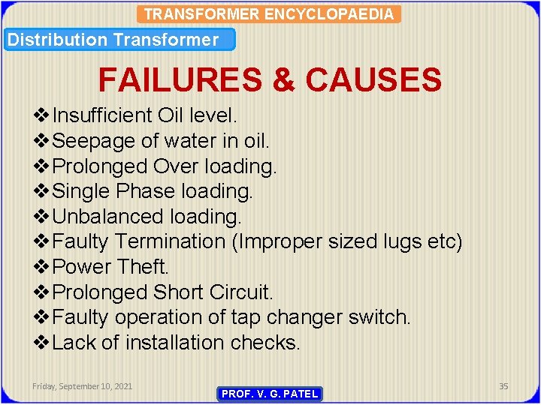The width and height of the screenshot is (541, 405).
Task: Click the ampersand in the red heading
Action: (x=284, y=79)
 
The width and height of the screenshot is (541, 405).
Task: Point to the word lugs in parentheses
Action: (x=402, y=241)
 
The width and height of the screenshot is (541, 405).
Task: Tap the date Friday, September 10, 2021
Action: (x=83, y=386)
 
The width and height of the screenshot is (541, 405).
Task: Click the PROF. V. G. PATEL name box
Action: (x=270, y=394)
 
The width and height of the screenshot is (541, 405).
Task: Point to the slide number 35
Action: (x=503, y=386)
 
